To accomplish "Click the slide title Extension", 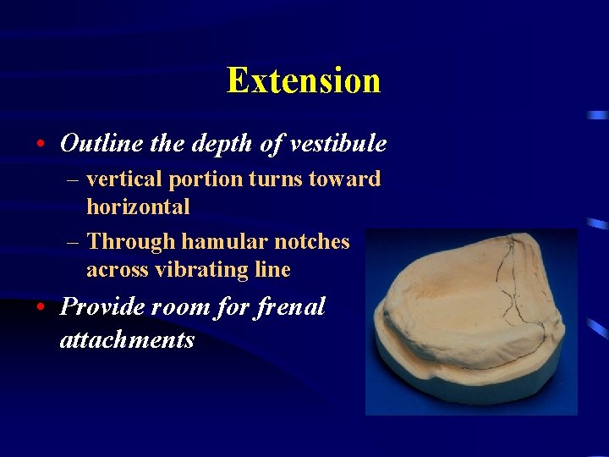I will coord(304,81).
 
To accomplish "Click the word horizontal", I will coord(138,206).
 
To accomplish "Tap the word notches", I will coord(310,242).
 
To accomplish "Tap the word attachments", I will coord(127,339).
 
